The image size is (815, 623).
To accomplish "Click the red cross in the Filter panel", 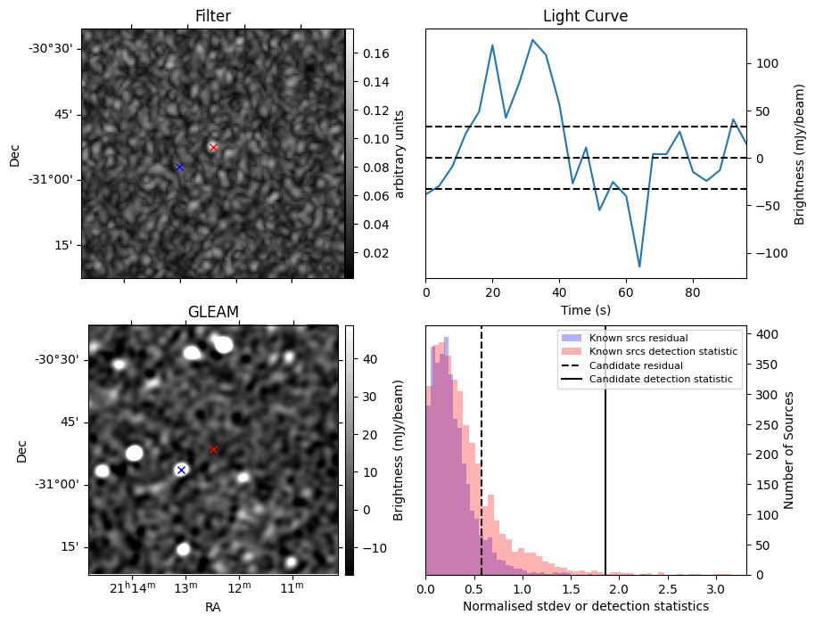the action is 212,147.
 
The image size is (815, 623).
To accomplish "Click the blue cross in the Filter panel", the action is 179,167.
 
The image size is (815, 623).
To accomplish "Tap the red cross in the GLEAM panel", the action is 213,449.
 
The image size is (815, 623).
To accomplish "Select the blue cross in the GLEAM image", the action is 181,471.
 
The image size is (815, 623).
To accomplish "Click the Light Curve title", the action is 585,16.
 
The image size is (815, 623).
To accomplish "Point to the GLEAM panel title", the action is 213,312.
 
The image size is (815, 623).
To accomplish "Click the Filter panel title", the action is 213,16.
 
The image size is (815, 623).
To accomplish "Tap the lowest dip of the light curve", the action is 639,266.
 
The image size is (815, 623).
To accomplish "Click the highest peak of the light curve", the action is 532,39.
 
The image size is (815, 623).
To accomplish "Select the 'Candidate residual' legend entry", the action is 622,365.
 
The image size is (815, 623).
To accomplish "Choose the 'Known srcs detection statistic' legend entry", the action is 649,351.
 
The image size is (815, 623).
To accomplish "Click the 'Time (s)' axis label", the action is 585,310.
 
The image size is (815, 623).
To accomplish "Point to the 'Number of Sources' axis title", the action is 788,450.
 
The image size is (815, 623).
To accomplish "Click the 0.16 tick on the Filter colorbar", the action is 375,53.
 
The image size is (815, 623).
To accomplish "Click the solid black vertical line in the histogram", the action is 605,450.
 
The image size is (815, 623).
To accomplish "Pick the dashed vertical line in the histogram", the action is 482,450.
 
